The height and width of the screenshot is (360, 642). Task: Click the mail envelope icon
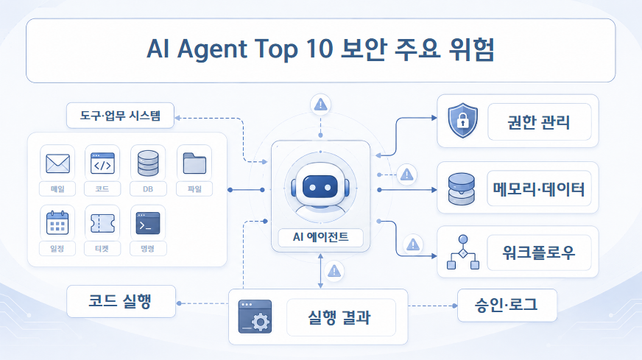[x=57, y=163]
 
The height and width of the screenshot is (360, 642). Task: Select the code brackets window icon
[x=102, y=163]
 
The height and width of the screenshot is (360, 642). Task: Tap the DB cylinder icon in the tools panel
[x=148, y=163]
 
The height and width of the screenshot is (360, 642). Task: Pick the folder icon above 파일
[x=194, y=163]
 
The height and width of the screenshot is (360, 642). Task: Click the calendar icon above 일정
[x=57, y=223]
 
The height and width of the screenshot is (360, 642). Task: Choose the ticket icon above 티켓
[x=102, y=223]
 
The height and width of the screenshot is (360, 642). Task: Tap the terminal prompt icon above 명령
[x=148, y=223]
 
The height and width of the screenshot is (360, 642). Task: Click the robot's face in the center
[x=320, y=187]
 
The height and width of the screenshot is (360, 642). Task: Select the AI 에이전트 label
[x=320, y=237]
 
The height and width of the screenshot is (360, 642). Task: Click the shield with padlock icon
[x=462, y=121]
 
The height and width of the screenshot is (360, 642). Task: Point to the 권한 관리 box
[x=539, y=122]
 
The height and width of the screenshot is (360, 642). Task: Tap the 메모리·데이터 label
[x=539, y=188]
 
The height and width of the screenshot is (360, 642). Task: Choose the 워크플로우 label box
[x=539, y=253]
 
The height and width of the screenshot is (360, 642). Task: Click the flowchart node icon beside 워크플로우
[x=463, y=253]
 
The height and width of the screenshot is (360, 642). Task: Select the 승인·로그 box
[x=507, y=305]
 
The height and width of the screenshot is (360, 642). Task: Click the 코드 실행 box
[x=121, y=301]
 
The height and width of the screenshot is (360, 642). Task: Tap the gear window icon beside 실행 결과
[x=255, y=317]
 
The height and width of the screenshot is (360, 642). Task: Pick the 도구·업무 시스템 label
[x=120, y=116]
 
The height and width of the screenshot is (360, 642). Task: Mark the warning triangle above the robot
[x=320, y=105]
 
